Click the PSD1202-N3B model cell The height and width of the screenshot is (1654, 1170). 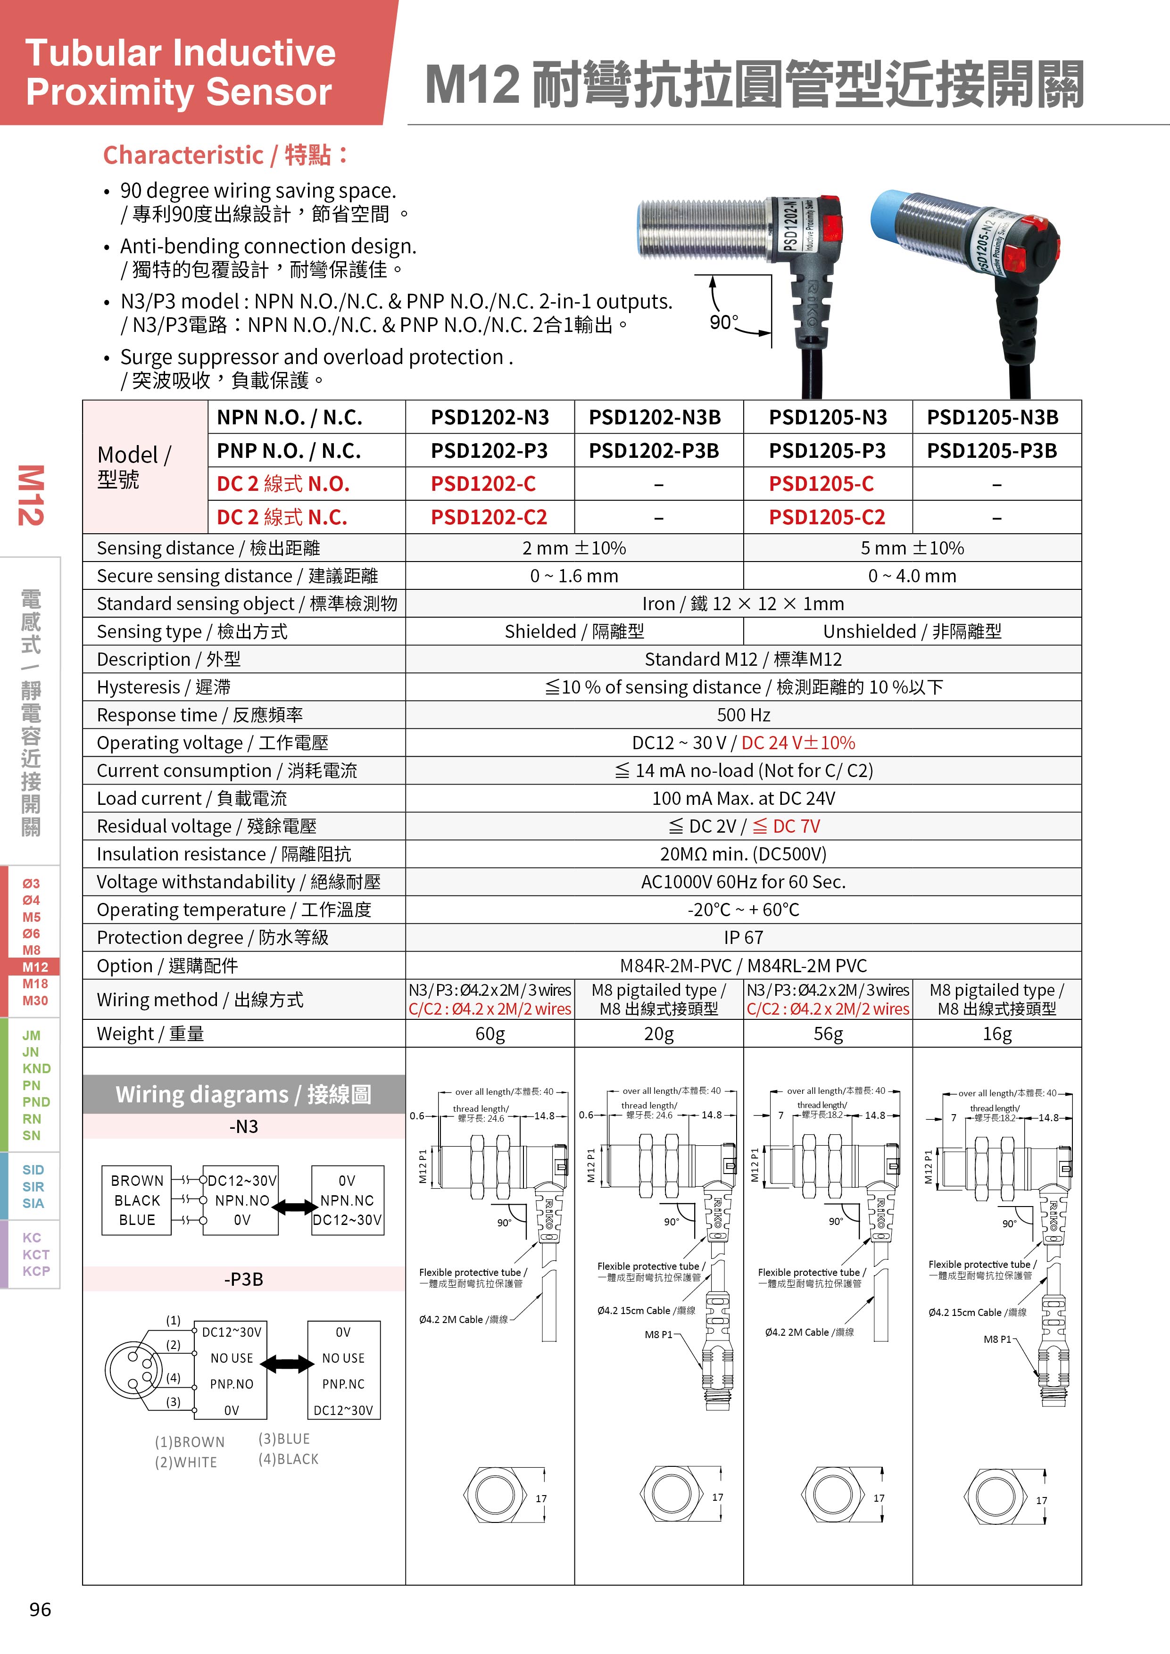click(x=654, y=417)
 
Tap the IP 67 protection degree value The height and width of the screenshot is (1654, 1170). click(x=743, y=937)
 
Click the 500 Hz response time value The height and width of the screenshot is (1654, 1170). click(x=743, y=715)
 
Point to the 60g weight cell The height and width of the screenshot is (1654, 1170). click(x=490, y=1034)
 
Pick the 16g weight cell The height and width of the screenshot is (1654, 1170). click(x=996, y=1034)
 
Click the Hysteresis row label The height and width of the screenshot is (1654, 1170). click(x=164, y=687)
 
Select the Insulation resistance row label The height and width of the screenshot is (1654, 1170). click(x=224, y=854)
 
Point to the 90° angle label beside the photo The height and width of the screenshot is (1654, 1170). click(x=723, y=322)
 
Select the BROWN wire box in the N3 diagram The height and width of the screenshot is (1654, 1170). click(x=137, y=1181)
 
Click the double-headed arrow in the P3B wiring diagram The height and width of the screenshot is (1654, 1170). click(x=287, y=1363)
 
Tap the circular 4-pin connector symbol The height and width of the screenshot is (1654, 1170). click(x=134, y=1369)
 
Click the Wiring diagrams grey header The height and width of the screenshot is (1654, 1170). click(x=243, y=1094)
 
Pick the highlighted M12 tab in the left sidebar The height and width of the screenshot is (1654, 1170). click(x=34, y=967)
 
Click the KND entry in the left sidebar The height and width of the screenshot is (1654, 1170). click(x=36, y=1068)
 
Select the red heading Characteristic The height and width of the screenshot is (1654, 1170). click(x=184, y=155)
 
